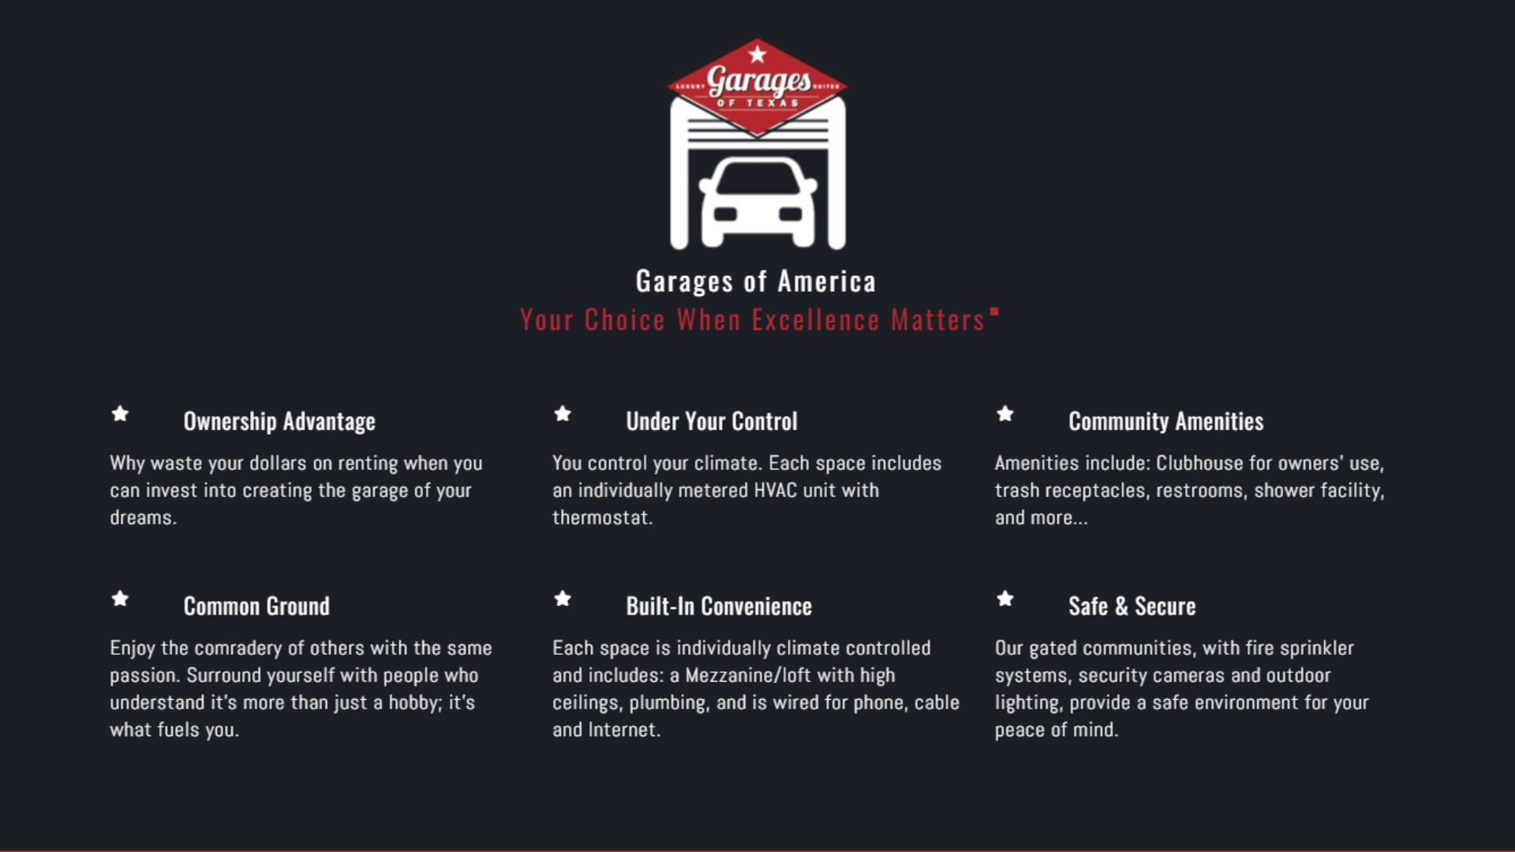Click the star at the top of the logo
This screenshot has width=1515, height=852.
(757, 54)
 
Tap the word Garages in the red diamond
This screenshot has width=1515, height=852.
(758, 80)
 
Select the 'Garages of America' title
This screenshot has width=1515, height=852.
(756, 282)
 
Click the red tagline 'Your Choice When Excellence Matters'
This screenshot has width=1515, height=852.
(753, 320)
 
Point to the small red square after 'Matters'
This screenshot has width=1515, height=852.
(994, 312)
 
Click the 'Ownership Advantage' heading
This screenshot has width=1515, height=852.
(279, 421)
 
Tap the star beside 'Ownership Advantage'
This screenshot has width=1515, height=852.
(120, 413)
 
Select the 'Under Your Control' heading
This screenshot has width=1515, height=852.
(712, 421)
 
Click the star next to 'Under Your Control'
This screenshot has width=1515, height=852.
(563, 413)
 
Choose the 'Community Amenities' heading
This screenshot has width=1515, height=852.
(1166, 421)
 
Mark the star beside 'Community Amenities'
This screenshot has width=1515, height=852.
(1005, 413)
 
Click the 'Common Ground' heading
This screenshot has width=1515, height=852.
(256, 606)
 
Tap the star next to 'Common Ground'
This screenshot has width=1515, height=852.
(120, 599)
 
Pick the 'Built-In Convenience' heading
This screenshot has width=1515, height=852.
(719, 606)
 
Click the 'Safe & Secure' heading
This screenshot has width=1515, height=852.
(1132, 606)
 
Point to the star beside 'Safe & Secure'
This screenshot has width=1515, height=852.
(1005, 599)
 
